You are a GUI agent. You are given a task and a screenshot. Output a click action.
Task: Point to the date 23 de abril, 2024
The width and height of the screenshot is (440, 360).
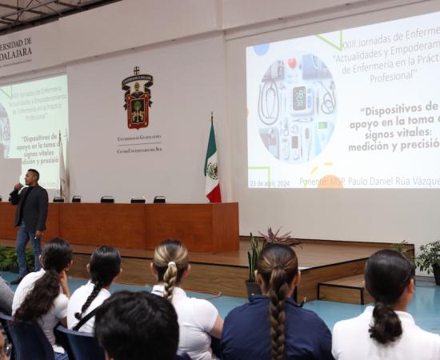[270, 183]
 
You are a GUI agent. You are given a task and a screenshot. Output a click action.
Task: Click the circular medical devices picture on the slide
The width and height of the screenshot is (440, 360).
[297, 108]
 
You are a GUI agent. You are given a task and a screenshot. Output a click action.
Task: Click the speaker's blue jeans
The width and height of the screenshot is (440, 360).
[27, 245]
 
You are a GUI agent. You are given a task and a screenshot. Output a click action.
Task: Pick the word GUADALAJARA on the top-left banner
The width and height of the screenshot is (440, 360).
[15, 52]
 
